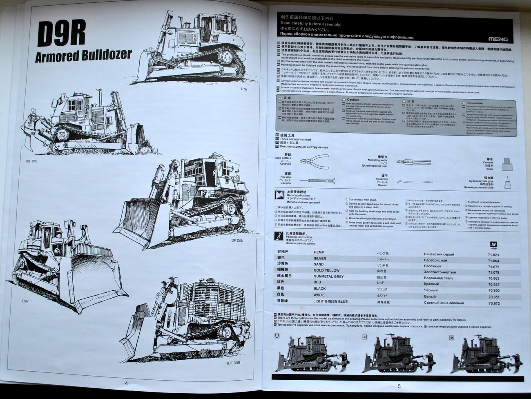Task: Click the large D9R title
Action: point(61,34)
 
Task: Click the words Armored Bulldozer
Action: point(83,55)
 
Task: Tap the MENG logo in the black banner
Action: point(498,39)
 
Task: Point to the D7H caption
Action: point(244,89)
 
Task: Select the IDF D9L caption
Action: point(31,162)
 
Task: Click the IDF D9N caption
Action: point(237,241)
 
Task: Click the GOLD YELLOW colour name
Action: point(326,270)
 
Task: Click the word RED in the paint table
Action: point(317,282)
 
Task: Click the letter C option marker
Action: point(451,337)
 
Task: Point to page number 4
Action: point(126,383)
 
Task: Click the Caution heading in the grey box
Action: point(353,100)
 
